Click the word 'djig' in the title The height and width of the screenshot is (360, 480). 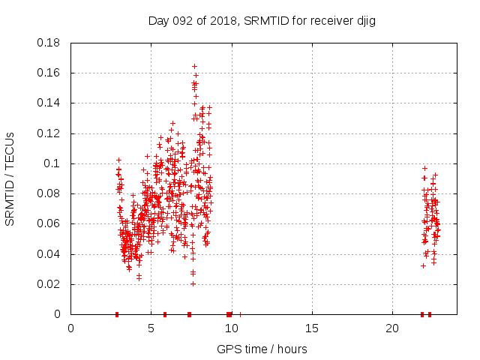point(364,21)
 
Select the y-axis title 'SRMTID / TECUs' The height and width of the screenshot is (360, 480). point(10,179)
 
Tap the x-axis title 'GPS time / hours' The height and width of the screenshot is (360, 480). point(262,349)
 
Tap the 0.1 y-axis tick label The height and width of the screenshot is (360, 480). point(54,163)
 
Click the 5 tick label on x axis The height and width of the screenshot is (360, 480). point(151,328)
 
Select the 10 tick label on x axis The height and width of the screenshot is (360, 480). point(232,328)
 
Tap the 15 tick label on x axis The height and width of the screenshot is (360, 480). point(312,328)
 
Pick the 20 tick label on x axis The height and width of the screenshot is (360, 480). point(392,328)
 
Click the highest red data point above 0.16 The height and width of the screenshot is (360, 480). point(194,66)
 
